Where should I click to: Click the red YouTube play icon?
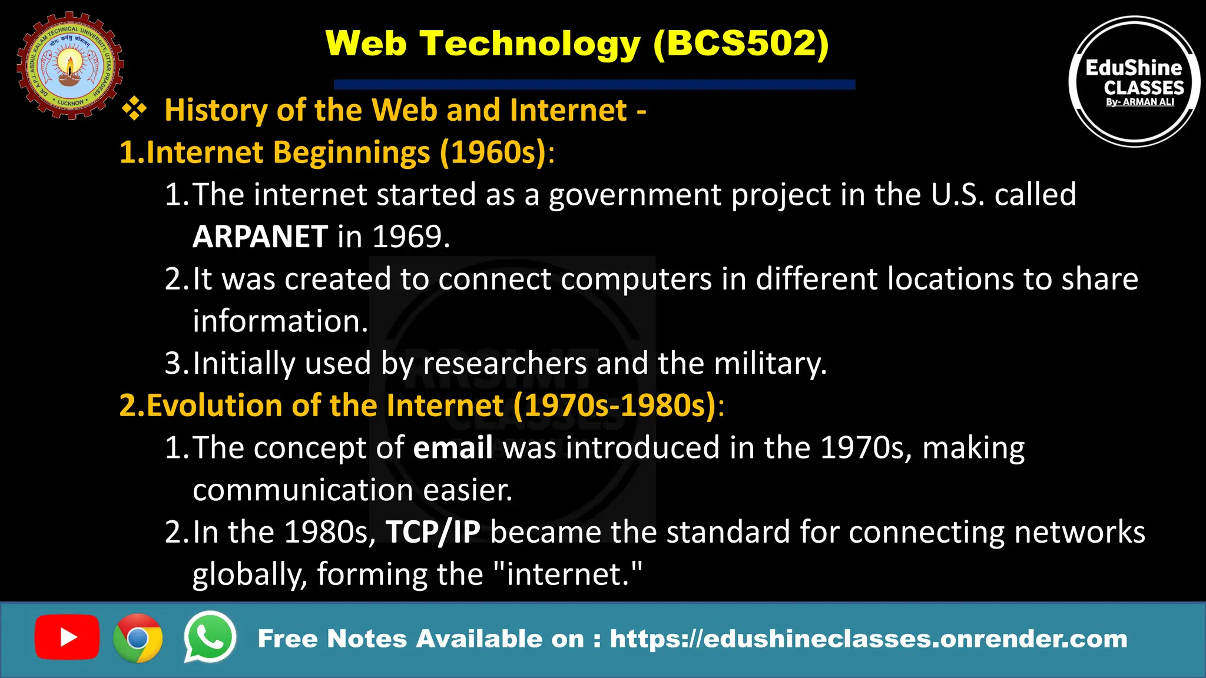[x=67, y=637]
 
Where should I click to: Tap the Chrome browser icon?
[x=138, y=638]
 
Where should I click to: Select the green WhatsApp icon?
[x=210, y=637]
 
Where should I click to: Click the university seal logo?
[x=70, y=65]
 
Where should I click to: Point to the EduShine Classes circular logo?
[x=1134, y=81]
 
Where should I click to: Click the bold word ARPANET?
[x=260, y=237]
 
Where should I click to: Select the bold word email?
[x=453, y=448]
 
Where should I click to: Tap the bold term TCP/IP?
[x=433, y=533]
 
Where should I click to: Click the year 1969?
[x=410, y=237]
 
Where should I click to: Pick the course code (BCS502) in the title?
[x=741, y=44]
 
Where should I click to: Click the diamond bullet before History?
[x=134, y=109]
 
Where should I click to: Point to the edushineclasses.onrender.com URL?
[x=868, y=639]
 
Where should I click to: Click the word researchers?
[x=505, y=363]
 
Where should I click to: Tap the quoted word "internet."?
[x=566, y=574]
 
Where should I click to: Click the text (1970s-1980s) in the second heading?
[x=615, y=406]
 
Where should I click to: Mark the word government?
[x=635, y=195]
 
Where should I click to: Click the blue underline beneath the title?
[x=594, y=84]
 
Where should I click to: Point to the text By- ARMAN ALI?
[x=1140, y=102]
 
